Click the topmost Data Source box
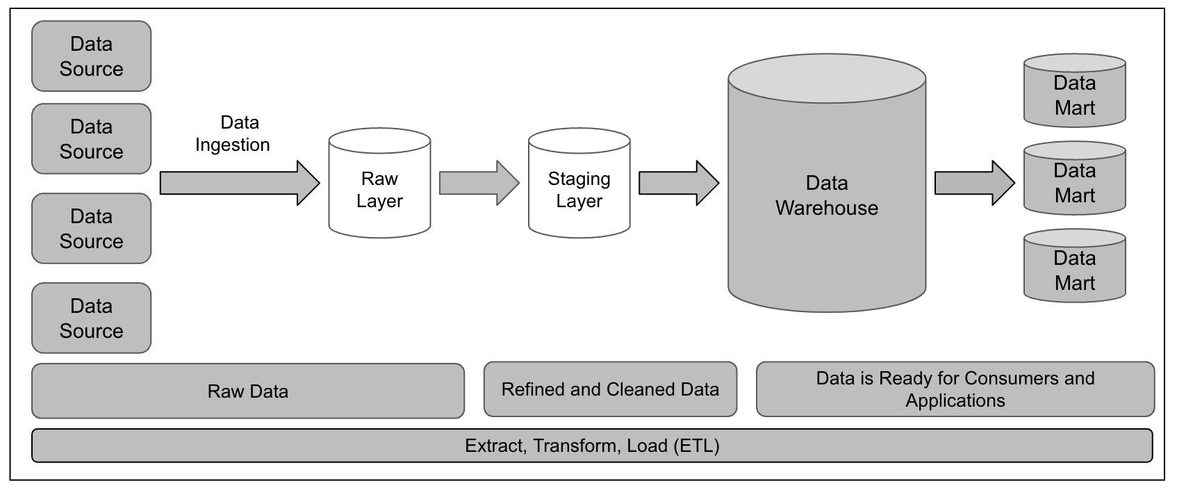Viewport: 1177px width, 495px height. pos(92,56)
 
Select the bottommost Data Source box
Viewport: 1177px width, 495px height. pos(92,318)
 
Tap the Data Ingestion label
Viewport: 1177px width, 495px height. pos(232,133)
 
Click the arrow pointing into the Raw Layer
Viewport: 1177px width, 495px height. pos(240,183)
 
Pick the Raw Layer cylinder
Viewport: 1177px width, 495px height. pos(379,183)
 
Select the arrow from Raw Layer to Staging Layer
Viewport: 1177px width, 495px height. pos(479,183)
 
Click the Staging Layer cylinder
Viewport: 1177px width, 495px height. pos(579,183)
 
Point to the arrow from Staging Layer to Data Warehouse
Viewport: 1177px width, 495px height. pos(679,183)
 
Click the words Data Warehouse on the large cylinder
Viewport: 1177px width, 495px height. pos(827,195)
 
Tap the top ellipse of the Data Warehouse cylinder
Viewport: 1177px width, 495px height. pos(827,79)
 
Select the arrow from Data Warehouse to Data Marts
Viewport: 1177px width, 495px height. pos(975,183)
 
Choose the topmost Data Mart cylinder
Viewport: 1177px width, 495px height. pos(1075,90)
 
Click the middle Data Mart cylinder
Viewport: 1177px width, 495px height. pos(1075,178)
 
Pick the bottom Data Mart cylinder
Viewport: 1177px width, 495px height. pos(1075,266)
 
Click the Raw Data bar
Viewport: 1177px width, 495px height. pos(248,391)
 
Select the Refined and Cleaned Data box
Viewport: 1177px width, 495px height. pos(610,389)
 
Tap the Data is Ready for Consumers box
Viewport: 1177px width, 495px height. pos(955,389)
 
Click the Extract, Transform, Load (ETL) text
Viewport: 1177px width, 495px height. pos(592,446)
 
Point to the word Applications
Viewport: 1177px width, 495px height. pos(955,401)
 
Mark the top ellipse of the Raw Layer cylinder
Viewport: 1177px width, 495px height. pos(379,140)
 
